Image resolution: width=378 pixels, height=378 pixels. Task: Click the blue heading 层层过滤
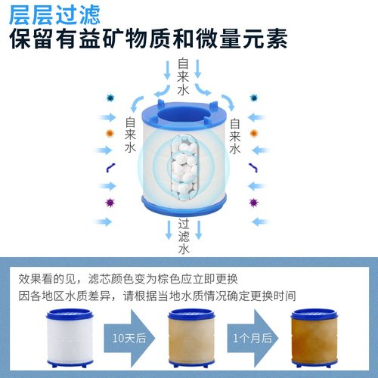tap(52, 14)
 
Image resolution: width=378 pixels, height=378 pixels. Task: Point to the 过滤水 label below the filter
tap(183, 235)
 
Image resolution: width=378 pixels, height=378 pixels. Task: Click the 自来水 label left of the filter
tap(130, 134)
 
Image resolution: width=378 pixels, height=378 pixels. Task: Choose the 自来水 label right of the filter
tap(234, 134)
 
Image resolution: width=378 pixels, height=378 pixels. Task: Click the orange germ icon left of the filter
tap(110, 134)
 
